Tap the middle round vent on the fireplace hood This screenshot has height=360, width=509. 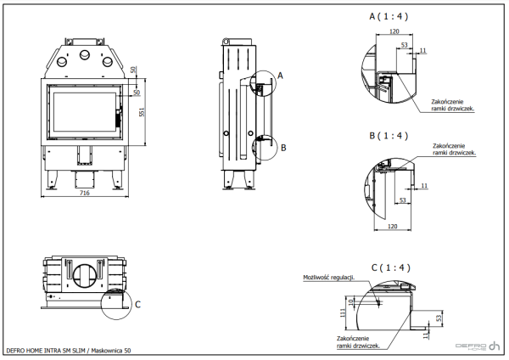84,56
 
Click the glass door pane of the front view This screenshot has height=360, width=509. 82,112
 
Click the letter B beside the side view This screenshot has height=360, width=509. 283,147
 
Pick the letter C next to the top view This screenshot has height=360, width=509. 138,303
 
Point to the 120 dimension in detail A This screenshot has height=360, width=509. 394,31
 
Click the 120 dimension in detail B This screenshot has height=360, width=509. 392,228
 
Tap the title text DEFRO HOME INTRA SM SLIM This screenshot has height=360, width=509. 47,350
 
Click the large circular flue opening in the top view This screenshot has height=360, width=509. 84,278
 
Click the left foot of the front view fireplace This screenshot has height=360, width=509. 55,181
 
